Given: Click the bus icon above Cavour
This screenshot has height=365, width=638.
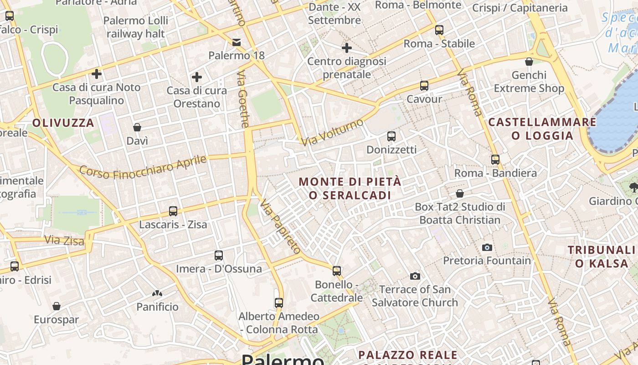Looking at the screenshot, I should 424,85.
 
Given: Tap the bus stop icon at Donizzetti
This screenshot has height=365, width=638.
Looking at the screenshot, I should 391,136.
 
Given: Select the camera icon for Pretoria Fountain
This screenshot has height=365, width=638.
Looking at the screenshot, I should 487,247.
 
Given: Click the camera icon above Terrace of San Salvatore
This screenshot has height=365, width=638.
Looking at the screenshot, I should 415,276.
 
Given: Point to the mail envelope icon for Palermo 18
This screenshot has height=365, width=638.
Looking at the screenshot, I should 237,42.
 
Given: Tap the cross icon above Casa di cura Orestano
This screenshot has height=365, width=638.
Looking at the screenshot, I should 197,77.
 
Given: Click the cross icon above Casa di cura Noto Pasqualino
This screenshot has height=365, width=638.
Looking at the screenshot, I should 97,73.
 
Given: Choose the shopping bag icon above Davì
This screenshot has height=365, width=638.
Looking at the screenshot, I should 137,127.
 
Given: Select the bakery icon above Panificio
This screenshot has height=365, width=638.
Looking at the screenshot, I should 157,293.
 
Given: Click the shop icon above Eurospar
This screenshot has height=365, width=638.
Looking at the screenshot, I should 57,306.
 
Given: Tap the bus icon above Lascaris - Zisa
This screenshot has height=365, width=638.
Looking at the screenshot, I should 173,211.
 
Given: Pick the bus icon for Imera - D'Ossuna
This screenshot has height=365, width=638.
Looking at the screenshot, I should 219,255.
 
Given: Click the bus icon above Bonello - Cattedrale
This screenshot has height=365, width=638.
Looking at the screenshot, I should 337,271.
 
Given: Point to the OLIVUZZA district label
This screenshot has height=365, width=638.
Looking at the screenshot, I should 63,123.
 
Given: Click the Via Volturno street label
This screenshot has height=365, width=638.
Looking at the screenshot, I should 333,132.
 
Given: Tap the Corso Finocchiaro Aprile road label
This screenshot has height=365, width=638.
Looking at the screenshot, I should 143,167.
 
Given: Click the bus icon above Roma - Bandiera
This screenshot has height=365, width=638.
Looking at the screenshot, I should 495,159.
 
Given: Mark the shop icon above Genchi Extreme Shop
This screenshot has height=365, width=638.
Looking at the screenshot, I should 529,62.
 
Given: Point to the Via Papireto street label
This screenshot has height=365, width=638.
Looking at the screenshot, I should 281,226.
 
